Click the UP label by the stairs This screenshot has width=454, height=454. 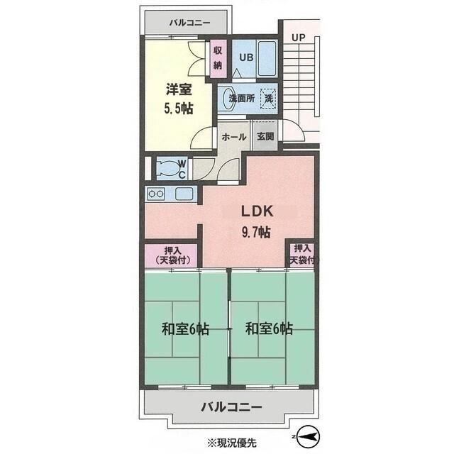click(x=298, y=36)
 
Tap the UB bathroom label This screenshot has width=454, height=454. click(x=245, y=58)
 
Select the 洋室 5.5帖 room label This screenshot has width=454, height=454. click(x=178, y=99)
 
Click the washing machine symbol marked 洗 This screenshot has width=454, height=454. click(x=269, y=99)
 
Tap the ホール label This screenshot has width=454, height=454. click(x=234, y=137)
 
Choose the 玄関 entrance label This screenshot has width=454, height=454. click(x=265, y=137)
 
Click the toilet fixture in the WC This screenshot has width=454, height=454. click(x=169, y=168)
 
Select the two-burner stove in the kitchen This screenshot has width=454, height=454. click(x=156, y=193)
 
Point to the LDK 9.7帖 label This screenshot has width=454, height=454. click(x=253, y=221)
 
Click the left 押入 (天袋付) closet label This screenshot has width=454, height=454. click(x=172, y=255)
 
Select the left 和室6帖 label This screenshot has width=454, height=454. click(x=184, y=329)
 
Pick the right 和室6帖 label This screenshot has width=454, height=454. click(x=270, y=329)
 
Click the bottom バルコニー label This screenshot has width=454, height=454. click(x=231, y=407)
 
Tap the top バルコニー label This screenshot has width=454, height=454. click(x=189, y=23)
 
